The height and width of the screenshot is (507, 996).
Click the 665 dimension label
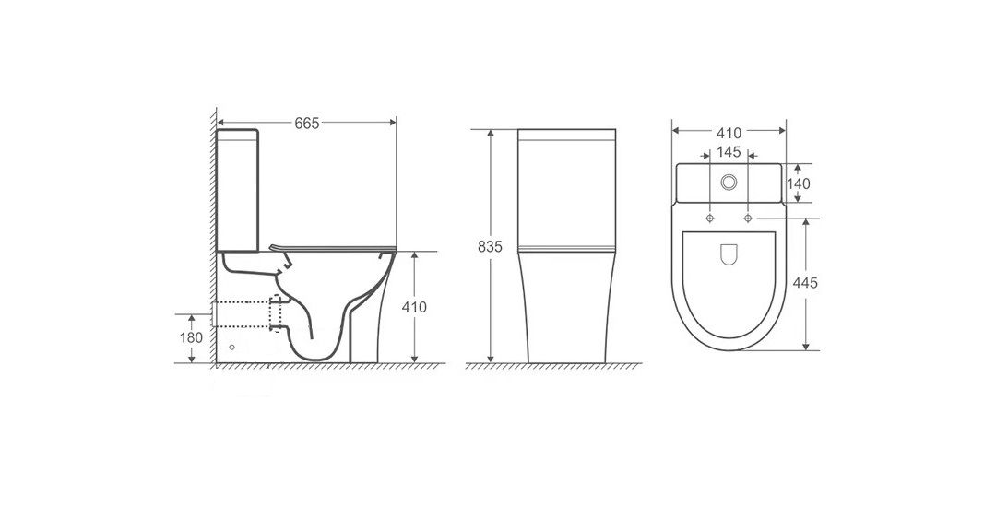coord(306,124)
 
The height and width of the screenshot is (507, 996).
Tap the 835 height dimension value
coord(490,247)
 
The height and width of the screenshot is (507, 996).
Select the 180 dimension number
coord(191,337)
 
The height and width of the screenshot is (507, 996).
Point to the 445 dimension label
coord(805,283)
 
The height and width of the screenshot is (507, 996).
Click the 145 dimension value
coord(729,152)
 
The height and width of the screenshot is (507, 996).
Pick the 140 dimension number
coord(799,184)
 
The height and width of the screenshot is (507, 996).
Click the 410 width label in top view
coord(729,134)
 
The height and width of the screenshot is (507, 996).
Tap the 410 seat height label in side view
coord(414,307)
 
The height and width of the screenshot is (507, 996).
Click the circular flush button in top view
coord(729,183)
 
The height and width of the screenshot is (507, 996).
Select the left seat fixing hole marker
coord(709,218)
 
